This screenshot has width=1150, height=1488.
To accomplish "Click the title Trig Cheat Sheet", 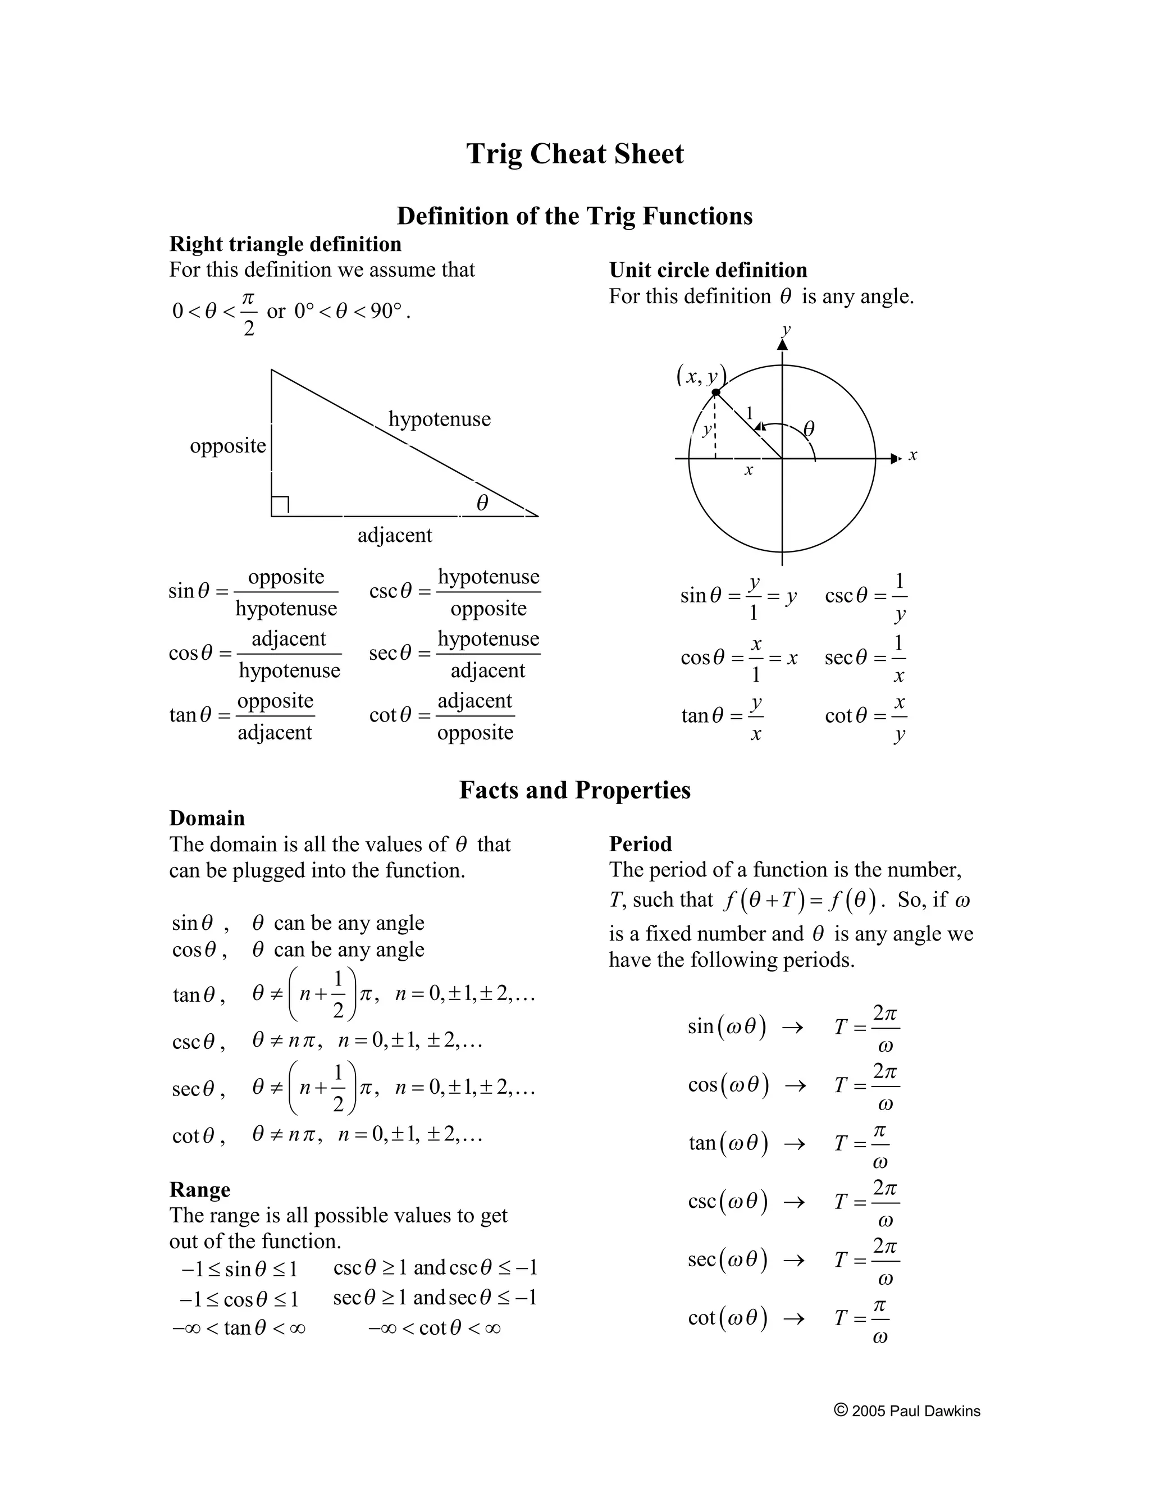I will [574, 153].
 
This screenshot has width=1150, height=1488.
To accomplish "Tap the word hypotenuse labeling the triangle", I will [440, 419].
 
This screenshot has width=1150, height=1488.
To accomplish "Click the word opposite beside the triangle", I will [227, 446].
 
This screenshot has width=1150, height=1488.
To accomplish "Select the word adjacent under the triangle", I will [394, 535].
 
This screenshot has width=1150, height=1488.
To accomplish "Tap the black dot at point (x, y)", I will [715, 392].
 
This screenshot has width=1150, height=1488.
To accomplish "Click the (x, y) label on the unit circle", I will [701, 376].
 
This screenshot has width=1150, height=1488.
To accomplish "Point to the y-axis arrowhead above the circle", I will [783, 345].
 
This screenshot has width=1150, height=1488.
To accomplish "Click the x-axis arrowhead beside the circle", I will [895, 459].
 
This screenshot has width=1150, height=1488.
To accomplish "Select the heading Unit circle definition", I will [708, 271].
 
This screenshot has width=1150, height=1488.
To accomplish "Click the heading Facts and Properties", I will [574, 789].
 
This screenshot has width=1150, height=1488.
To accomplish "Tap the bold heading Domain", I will [207, 818].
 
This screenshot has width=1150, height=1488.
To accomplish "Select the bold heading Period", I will [640, 844].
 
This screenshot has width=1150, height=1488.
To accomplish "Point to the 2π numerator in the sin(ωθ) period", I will [884, 1013].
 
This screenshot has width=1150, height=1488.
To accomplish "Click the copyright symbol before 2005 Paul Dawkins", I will [841, 1409].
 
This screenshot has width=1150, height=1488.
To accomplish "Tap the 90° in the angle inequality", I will [386, 312].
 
